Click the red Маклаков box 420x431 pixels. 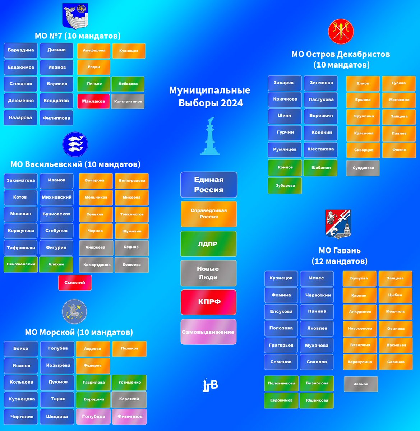click(x=93, y=101)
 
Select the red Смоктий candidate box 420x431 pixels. click(x=75, y=283)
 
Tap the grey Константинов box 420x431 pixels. click(x=128, y=101)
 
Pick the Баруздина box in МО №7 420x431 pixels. click(x=20, y=50)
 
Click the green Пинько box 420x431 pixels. click(x=94, y=84)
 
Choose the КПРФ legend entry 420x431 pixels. click(x=209, y=302)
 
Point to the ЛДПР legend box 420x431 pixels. click(x=208, y=244)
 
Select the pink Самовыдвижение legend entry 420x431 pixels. click(x=208, y=332)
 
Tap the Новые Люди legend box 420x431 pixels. click(x=208, y=273)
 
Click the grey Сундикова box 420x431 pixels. click(x=363, y=168)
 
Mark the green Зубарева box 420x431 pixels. click(x=285, y=186)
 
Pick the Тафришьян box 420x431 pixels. click(x=20, y=247)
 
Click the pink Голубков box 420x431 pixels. click(x=93, y=416)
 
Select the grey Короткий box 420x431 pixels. click(x=129, y=399)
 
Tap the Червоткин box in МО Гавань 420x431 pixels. click(x=317, y=295)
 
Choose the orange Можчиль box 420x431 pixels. click(x=396, y=312)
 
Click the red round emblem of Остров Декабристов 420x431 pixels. click(x=341, y=32)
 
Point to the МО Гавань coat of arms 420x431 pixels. click(x=338, y=224)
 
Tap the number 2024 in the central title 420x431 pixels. click(x=232, y=103)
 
